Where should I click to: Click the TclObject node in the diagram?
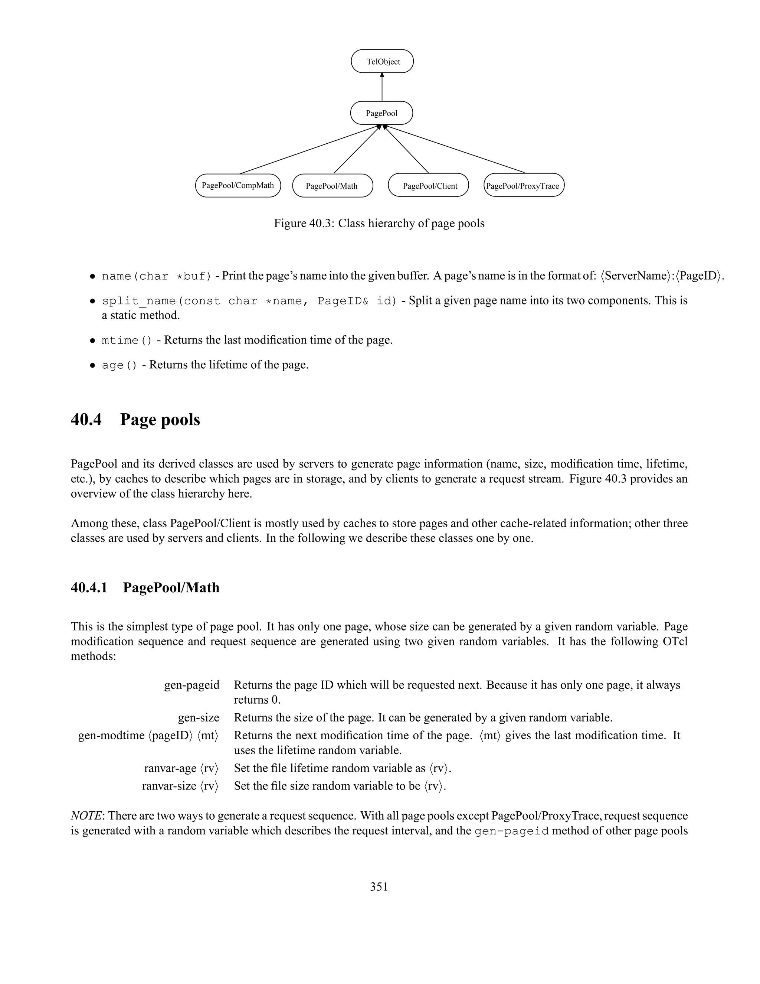pyautogui.click(x=382, y=62)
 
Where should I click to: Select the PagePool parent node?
pyautogui.click(x=381, y=113)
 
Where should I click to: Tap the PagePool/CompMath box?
pyautogui.click(x=238, y=186)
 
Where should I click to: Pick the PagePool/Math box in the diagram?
pyautogui.click(x=332, y=186)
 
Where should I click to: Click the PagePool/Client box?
pyautogui.click(x=428, y=186)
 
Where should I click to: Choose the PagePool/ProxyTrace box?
pyautogui.click(x=524, y=186)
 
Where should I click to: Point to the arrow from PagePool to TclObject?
pyautogui.click(x=382, y=88)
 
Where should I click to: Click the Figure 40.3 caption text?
pyautogui.click(x=379, y=224)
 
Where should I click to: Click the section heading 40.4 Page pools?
pyautogui.click(x=135, y=420)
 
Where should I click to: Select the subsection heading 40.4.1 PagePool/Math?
pyautogui.click(x=145, y=587)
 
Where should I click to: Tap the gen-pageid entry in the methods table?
pyautogui.click(x=191, y=685)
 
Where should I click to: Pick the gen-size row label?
pyautogui.click(x=199, y=718)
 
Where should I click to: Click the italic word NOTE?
pyautogui.click(x=86, y=816)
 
